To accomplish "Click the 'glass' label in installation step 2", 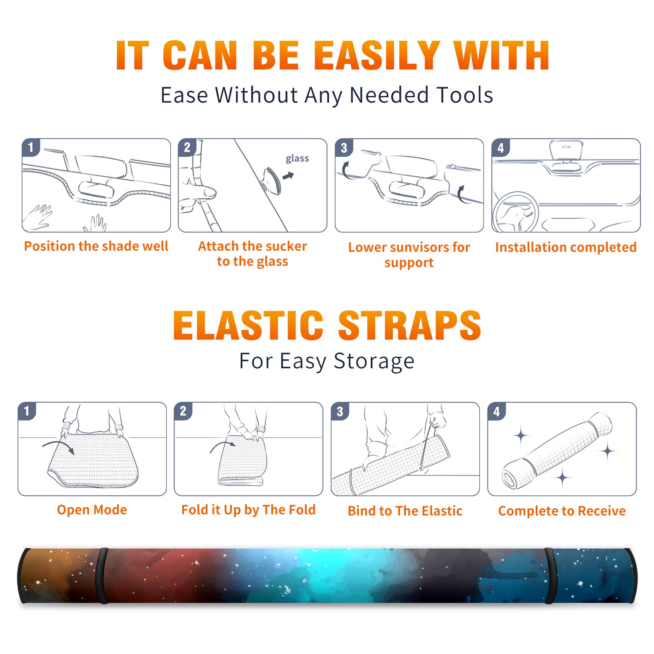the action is (x=297, y=159).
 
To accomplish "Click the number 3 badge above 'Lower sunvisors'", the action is (x=344, y=148).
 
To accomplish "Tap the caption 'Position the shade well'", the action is (x=96, y=246).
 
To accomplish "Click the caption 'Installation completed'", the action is (x=566, y=247).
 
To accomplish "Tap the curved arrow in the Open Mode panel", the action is (x=58, y=446).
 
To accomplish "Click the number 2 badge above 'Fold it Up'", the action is (x=183, y=411).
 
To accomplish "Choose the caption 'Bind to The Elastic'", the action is (x=405, y=511).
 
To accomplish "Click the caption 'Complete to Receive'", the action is (x=562, y=511).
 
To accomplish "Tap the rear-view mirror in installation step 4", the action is (x=566, y=150).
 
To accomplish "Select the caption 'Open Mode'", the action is (x=92, y=510).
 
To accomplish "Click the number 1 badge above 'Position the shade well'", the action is (x=31, y=147).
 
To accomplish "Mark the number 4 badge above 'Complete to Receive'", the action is (x=497, y=411).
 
